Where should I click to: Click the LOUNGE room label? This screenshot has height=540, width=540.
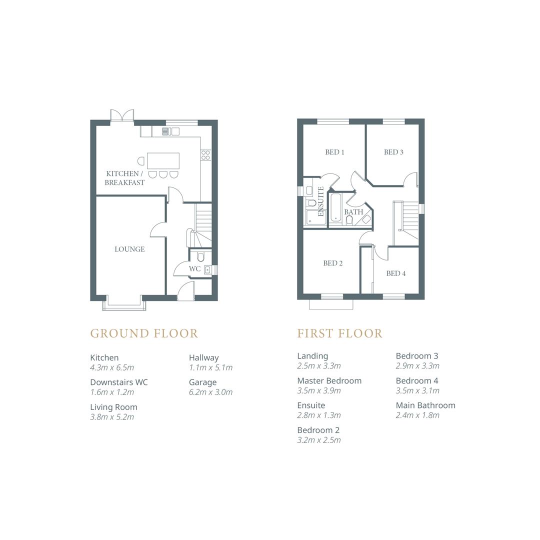[129, 249]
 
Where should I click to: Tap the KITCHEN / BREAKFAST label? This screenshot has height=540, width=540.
[124, 178]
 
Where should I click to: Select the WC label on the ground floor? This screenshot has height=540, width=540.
[194, 269]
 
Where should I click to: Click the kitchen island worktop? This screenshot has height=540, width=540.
[163, 161]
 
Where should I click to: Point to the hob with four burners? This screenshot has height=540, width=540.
[205, 155]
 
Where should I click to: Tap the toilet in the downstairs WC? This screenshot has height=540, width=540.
[201, 257]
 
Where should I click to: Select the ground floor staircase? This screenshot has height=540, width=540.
[203, 220]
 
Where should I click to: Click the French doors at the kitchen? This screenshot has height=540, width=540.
[122, 115]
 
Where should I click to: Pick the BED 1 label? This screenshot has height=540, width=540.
[334, 152]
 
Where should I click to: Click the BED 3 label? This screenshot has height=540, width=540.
[393, 152]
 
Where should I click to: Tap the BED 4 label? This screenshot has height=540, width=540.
[396, 273]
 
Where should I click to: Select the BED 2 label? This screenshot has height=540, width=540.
[332, 263]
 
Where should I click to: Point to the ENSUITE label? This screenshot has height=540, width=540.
[321, 201]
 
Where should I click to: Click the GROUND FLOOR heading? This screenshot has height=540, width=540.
[144, 333]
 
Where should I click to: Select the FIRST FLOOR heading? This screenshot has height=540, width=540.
[339, 333]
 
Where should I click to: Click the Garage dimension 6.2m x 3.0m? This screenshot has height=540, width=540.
[210, 392]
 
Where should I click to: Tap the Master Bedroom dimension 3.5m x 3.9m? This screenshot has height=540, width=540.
[318, 390]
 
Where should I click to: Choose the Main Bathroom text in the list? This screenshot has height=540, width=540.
[425, 405]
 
